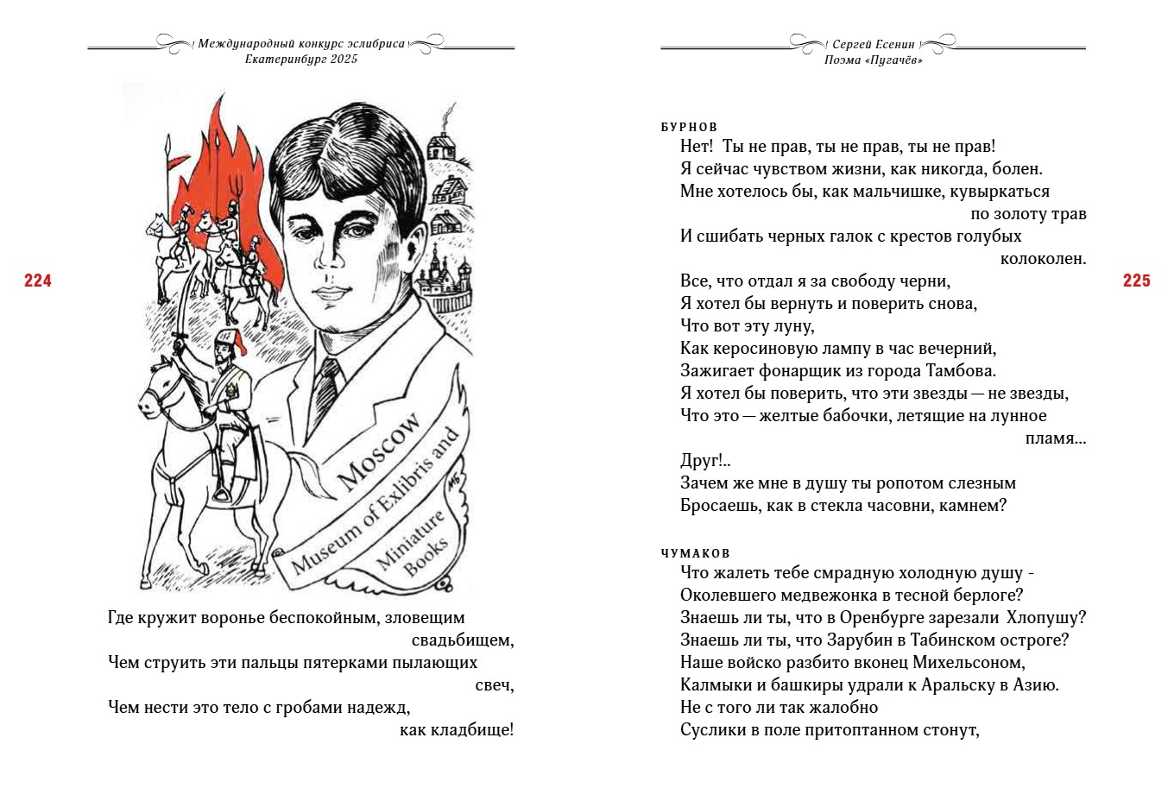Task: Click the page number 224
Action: coord(38,281)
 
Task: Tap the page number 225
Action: coord(1136,281)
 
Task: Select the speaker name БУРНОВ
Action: coord(689,127)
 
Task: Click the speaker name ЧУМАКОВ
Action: coord(695,553)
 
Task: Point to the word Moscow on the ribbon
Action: coord(379,451)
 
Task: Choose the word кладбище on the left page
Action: coord(471,730)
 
